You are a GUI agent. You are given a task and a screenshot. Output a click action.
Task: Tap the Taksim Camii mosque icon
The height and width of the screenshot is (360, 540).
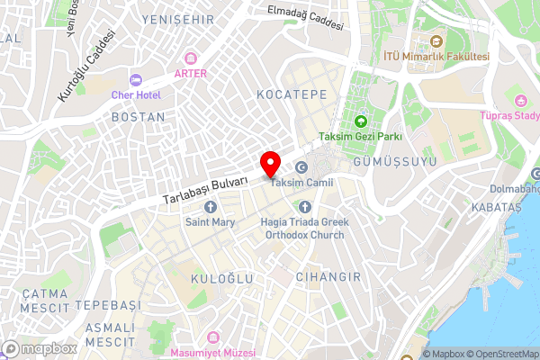coord(301,167)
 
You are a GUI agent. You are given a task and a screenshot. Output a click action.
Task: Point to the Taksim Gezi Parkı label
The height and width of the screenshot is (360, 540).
coord(360,137)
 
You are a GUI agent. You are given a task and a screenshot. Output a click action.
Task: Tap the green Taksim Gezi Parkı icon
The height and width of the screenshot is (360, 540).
coord(361,121)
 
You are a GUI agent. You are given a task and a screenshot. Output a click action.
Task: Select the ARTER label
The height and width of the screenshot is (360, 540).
coord(191,74)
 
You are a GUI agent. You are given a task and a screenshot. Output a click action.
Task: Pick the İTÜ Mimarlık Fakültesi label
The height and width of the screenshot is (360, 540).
coord(436,56)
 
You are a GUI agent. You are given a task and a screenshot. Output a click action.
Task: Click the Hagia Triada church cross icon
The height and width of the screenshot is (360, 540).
coord(301,207)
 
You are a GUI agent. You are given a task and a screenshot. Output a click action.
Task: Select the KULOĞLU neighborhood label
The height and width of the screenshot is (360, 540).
coord(222,280)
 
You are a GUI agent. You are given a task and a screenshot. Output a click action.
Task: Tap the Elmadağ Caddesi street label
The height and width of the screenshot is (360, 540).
coord(305,18)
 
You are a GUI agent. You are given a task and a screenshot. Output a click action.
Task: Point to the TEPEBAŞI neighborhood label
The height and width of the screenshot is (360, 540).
coord(108,305)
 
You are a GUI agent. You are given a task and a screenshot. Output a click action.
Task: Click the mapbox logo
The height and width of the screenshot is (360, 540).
coord(39,348)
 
